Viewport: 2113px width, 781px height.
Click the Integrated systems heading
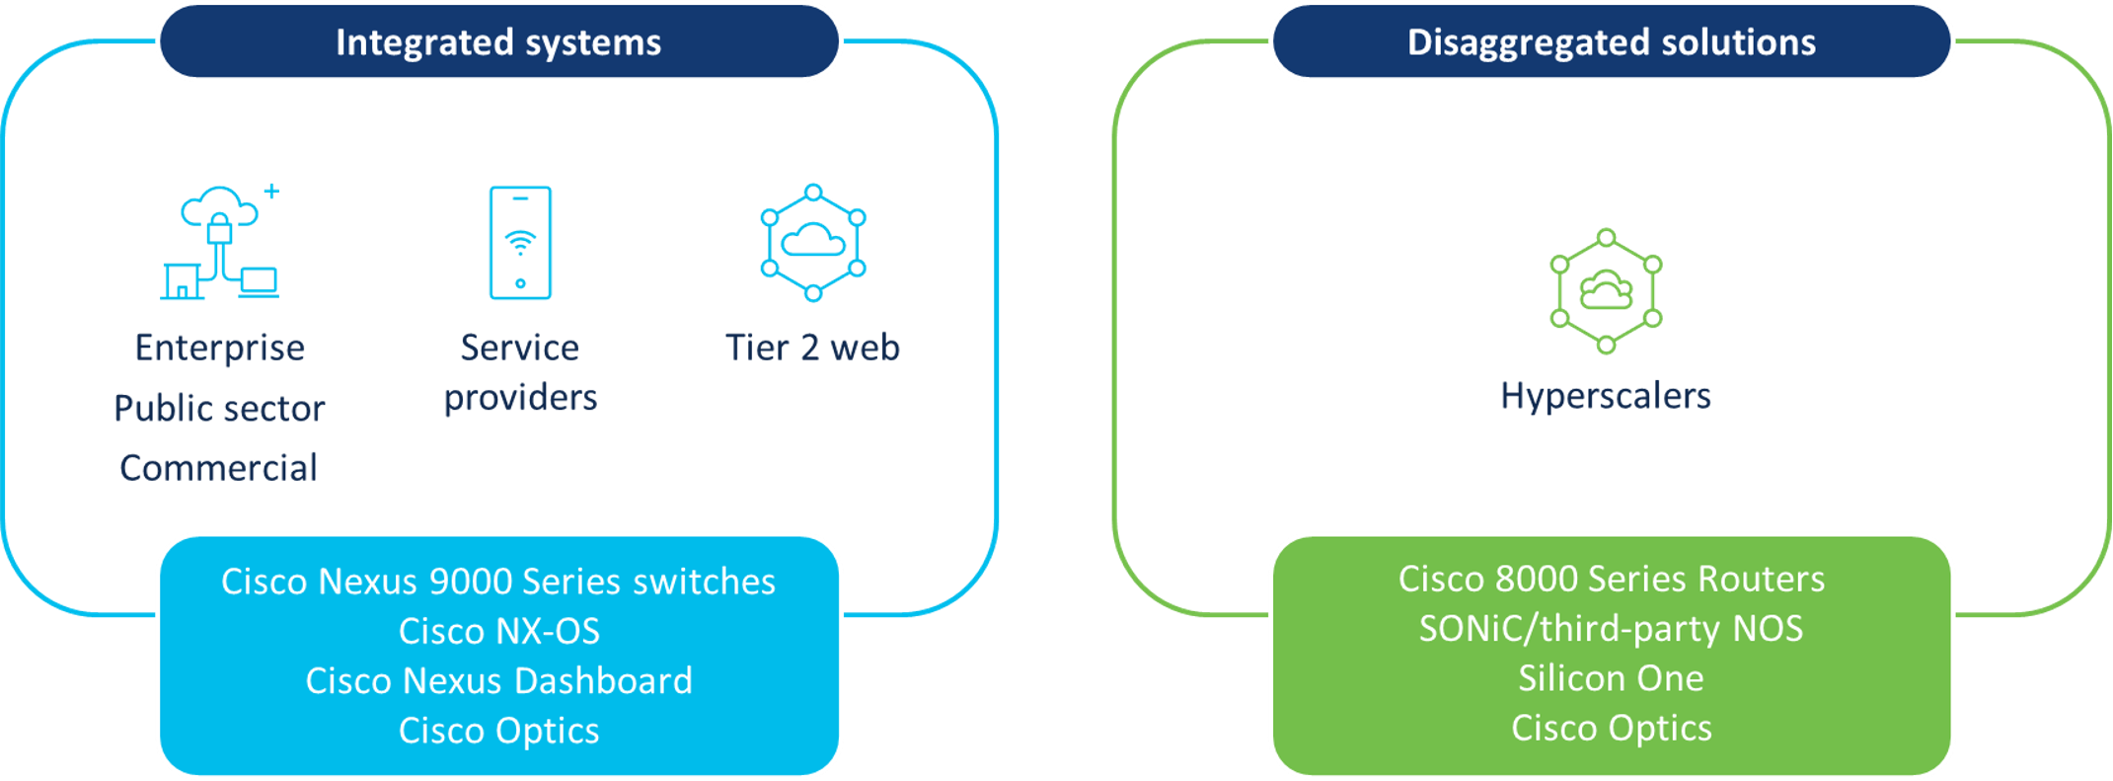pos(498,42)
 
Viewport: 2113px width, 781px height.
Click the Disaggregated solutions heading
pos(1611,42)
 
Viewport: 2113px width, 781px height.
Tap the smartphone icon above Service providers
pos(520,242)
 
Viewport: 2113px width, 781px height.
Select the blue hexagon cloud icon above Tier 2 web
pos(812,242)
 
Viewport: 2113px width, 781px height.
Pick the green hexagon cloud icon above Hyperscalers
pos(1606,291)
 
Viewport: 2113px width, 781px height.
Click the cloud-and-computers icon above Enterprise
pos(220,243)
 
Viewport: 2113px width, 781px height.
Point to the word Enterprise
pos(219,348)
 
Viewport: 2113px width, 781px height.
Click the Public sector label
pos(219,409)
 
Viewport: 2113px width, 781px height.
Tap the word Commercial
pos(219,468)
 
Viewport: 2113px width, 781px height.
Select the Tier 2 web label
pos(812,348)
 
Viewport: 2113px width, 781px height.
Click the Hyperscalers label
pos(1606,396)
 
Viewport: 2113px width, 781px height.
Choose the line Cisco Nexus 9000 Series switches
pos(498,582)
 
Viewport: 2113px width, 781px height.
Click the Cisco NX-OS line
pos(498,631)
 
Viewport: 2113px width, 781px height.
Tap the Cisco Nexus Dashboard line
pos(498,681)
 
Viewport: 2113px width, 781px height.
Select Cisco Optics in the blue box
pos(498,731)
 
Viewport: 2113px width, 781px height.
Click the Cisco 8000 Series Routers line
pos(1611,579)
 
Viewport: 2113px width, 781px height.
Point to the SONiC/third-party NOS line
pos(1611,629)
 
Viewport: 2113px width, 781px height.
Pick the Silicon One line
pos(1611,678)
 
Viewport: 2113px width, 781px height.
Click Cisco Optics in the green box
pos(1611,729)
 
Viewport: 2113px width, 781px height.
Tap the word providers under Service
pos(520,398)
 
